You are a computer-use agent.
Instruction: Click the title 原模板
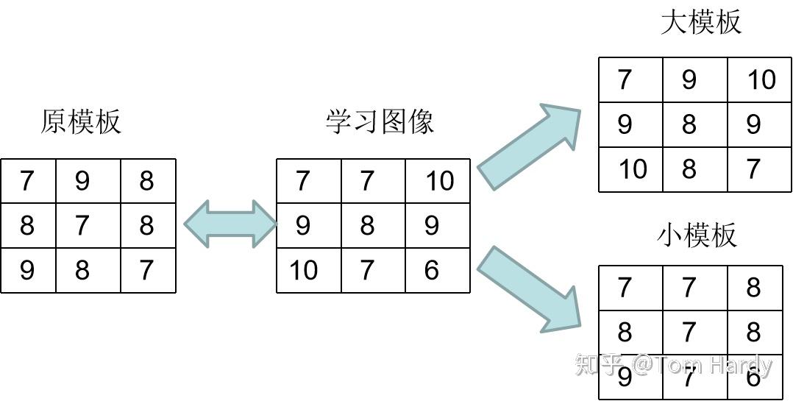81,122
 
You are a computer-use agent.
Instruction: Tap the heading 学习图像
380,122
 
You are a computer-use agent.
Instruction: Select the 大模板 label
701,22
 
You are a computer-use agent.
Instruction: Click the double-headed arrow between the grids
231,224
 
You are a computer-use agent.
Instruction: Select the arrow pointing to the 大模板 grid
529,146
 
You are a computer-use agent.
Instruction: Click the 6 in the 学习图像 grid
431,270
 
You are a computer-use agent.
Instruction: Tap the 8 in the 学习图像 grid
366,226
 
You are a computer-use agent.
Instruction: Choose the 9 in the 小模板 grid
625,377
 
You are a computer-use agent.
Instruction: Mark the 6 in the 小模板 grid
753,377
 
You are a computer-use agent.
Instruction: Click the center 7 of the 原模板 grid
82,226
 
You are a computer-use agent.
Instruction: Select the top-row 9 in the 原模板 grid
82,181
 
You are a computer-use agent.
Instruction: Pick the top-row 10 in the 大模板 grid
761,80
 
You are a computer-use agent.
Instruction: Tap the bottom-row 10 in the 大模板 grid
633,169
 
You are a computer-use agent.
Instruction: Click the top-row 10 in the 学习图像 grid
441,181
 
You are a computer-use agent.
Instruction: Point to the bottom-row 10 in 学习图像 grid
304,270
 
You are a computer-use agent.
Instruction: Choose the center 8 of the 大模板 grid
689,124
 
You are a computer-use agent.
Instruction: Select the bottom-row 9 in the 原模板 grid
26,270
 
